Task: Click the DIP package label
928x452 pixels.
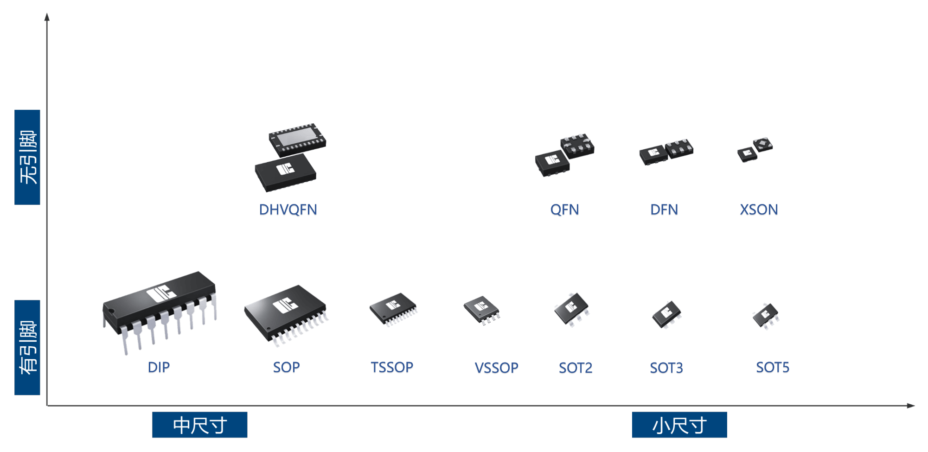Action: [159, 368]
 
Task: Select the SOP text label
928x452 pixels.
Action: [286, 368]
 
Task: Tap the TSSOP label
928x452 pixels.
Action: [392, 368]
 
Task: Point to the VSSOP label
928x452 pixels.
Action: [496, 368]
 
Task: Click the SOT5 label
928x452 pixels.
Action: [773, 368]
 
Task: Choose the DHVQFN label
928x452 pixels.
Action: [288, 210]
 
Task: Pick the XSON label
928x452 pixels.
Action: [759, 210]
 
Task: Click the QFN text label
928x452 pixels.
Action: [564, 210]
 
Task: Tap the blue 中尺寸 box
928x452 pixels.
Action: [199, 425]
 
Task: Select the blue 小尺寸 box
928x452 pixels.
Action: [679, 425]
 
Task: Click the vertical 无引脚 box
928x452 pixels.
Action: [27, 157]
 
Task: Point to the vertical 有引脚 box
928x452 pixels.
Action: [27, 347]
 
